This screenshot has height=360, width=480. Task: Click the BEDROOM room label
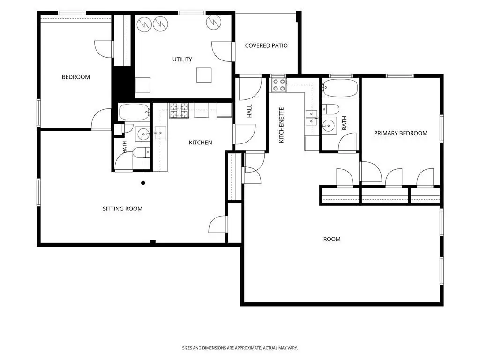(76, 77)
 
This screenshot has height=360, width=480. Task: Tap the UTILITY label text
(182, 60)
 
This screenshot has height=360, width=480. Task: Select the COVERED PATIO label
(266, 45)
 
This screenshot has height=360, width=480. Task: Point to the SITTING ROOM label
(122, 209)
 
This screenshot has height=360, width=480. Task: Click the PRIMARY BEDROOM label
(401, 133)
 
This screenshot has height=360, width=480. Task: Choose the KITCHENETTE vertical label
(282, 125)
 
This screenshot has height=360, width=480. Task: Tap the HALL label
(249, 111)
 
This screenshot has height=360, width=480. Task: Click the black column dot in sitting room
(143, 183)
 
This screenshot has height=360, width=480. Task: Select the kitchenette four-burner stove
(278, 85)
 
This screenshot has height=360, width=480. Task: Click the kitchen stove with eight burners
(180, 111)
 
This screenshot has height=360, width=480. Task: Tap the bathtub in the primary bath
(340, 88)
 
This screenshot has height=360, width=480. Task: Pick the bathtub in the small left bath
(134, 112)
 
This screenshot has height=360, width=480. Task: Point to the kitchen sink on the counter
(160, 133)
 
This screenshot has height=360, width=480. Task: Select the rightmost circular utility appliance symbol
(213, 22)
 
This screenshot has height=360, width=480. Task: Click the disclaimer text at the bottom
(240, 348)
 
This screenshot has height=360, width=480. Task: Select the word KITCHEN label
(201, 142)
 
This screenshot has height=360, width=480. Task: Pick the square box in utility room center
(204, 75)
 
